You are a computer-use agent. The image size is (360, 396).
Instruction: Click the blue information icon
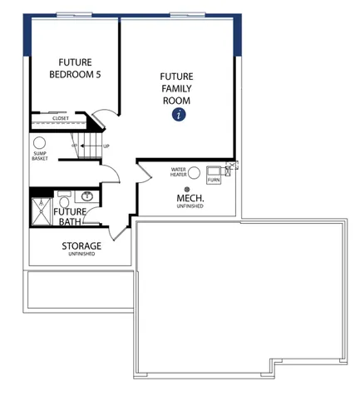pos(179,114)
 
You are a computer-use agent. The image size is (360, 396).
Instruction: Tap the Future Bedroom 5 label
pos(75,68)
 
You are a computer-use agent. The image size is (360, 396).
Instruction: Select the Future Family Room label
pos(176,88)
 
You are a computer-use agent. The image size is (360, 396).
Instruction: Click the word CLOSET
pos(61,118)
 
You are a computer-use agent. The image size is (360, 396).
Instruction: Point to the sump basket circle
pos(39,143)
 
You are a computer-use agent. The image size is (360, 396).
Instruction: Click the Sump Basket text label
pos(40,156)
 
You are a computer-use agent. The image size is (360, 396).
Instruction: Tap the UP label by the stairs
pos(106,146)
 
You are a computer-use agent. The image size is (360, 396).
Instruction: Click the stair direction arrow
pos(91,146)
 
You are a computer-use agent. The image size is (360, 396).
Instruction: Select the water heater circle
pos(194,173)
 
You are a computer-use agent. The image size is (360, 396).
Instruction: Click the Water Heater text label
pos(178,172)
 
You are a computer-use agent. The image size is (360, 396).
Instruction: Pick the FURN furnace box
pos(214,175)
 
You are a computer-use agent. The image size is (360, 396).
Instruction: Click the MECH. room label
pos(190,198)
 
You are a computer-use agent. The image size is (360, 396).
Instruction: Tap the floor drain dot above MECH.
pos(187,190)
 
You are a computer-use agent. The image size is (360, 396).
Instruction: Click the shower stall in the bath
pos(42,211)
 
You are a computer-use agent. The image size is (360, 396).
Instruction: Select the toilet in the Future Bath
pos(64,199)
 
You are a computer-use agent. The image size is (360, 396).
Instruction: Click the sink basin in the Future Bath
pos(86,196)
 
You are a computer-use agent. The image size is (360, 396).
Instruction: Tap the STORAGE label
pos(81,246)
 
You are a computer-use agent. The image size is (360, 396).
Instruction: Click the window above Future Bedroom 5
pos(74,15)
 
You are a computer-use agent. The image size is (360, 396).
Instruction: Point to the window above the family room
pos(187,15)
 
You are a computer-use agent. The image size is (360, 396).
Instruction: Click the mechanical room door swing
pos(145,173)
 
